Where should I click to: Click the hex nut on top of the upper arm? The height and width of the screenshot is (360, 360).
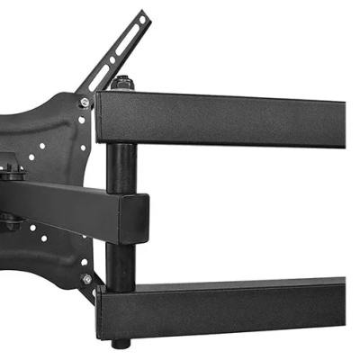point(123,83)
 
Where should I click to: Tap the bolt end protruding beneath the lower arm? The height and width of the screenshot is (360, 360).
point(121,343)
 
